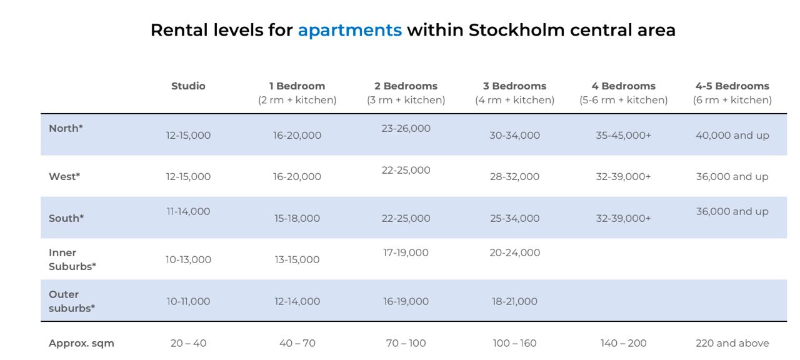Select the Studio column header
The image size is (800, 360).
coord(188,86)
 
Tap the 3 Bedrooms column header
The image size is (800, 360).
coord(514,86)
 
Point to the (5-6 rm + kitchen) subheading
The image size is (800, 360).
coord(624,100)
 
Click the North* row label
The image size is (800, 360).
coord(66,128)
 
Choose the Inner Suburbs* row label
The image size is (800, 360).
coord(72,259)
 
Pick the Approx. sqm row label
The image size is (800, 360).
coord(81,343)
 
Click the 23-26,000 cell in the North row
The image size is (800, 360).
coord(406,128)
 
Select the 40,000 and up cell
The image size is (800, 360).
coord(732,136)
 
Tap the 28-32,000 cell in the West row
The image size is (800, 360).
coord(514,176)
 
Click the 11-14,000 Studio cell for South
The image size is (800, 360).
coord(188,211)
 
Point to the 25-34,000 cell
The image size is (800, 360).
coord(514,218)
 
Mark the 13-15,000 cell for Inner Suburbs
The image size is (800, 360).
coord(297,259)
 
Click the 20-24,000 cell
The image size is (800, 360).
coord(514,253)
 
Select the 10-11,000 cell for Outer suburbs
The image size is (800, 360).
coord(188,301)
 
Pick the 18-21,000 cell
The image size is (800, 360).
coord(514,301)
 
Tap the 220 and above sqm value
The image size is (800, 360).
coord(732,343)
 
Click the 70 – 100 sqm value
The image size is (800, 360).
coord(406,343)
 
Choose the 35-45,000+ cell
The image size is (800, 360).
coord(624,136)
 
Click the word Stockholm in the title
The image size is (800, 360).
coord(516,31)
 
